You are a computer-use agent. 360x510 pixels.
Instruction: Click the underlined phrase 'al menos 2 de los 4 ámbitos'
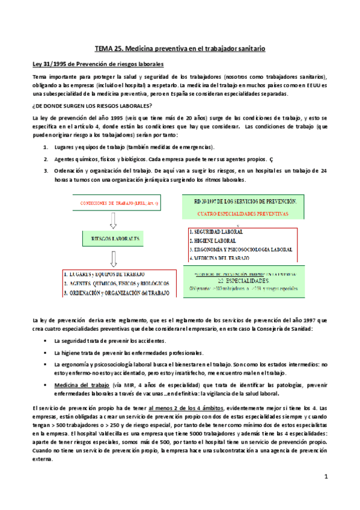(183, 407)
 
